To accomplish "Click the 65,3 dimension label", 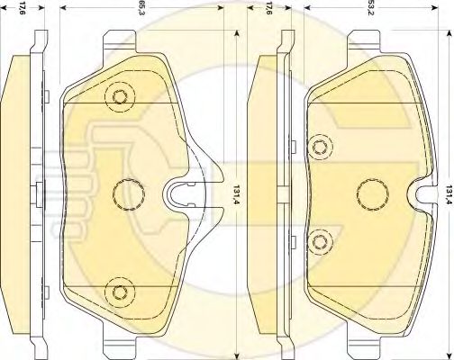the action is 140,9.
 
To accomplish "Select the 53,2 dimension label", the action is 370,9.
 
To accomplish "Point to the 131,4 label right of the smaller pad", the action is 449,194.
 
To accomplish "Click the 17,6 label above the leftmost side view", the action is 23,9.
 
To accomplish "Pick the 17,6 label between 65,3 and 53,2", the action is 268,9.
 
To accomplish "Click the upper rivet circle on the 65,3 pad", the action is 120,96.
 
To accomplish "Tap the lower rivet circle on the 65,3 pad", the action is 120,292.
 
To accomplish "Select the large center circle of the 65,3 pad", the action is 129,194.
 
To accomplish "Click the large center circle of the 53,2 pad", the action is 372,194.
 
